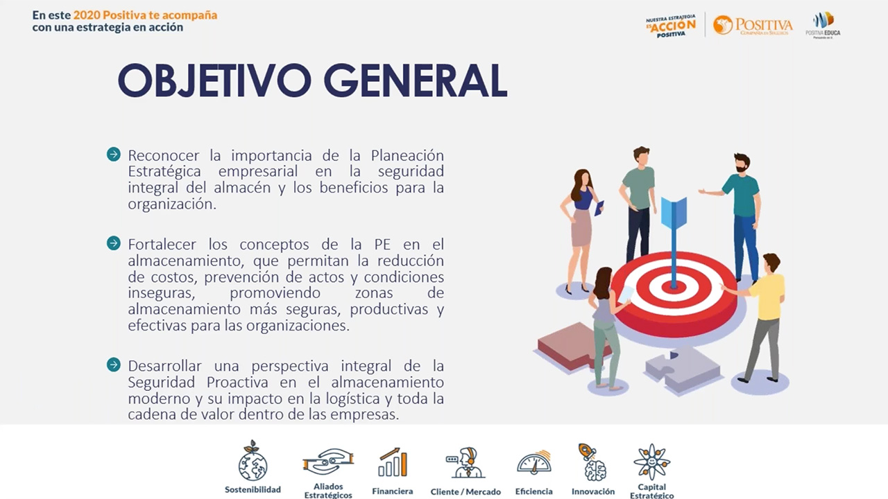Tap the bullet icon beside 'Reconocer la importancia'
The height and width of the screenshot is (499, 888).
114,155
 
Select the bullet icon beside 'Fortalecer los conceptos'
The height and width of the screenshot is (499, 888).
114,243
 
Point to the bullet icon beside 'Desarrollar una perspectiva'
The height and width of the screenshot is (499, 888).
114,365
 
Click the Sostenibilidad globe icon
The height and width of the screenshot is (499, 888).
253,462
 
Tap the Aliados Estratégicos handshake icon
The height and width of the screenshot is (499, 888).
328,462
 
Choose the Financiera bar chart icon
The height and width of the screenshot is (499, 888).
393,463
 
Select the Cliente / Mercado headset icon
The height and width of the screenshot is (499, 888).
465,463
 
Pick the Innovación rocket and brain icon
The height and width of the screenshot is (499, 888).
592,462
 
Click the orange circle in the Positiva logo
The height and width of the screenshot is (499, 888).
723,25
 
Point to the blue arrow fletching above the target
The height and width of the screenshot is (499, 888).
673,212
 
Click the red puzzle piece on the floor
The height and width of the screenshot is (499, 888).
570,346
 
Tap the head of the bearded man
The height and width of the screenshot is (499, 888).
742,164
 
